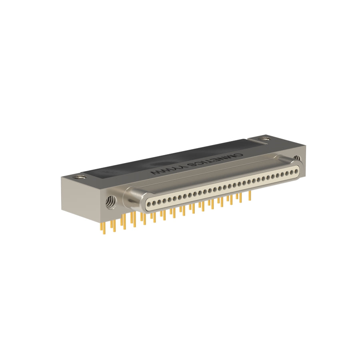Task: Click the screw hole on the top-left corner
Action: click(x=80, y=177)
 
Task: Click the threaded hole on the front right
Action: click(x=297, y=158)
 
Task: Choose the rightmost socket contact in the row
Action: click(x=296, y=171)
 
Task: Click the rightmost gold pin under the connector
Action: click(x=250, y=196)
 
